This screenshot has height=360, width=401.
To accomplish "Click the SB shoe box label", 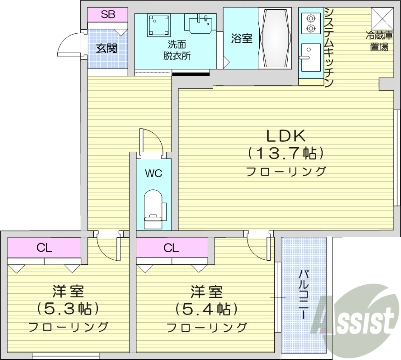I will point(108,15).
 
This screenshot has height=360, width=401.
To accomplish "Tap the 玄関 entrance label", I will point(106,49).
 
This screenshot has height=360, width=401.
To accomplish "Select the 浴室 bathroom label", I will point(241,38).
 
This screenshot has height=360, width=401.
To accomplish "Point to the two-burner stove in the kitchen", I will point(309,23).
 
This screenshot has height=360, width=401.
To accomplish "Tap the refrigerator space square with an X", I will point(382,19).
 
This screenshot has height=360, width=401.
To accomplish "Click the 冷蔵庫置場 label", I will point(377,42).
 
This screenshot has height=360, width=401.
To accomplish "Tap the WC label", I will point(153,174).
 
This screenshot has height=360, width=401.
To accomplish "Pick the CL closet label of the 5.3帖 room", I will point(44,247).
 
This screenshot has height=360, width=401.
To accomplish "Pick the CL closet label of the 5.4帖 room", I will point(171,247).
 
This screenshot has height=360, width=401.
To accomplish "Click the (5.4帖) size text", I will point(206,307).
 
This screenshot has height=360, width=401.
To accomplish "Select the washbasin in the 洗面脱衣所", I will point(200,23).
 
